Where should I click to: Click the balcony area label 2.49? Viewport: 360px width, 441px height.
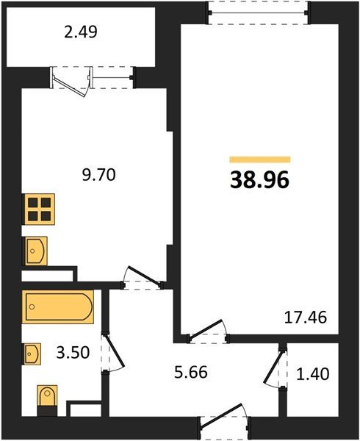[81, 32]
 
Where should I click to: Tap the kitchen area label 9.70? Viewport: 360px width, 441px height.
[99, 175]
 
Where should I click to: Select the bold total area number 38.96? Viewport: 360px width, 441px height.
[259, 180]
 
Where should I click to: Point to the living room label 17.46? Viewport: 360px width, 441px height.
[306, 318]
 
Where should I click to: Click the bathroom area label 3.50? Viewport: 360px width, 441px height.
[73, 352]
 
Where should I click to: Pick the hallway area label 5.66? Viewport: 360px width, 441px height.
[191, 373]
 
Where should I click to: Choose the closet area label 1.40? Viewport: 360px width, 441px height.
[313, 374]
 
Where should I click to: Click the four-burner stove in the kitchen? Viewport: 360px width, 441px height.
[40, 209]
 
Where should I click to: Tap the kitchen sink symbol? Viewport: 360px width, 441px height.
[36, 251]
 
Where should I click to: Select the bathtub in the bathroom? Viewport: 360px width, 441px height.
[58, 306]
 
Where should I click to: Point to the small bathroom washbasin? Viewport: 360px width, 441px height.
[32, 354]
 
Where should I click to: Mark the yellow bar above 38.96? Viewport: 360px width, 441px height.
[260, 159]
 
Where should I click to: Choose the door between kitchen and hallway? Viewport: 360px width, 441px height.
[143, 278]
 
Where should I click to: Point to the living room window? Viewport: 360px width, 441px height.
[259, 12]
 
